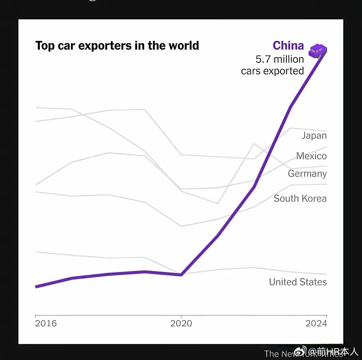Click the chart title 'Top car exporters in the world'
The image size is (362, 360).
117,46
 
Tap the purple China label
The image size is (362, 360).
288,46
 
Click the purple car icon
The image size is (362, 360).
318,51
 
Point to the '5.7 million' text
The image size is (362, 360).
279,59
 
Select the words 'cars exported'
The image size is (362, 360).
272,71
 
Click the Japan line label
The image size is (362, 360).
314,136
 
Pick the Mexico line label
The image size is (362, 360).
311,156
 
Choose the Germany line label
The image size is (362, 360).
307,174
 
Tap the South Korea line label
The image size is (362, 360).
300,198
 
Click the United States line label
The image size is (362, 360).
298,282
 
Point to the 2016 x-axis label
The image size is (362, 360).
46,323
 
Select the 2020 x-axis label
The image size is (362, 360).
181,323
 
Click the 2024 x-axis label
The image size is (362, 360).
316,323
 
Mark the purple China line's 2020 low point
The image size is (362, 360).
181,275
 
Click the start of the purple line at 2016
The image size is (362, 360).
36,287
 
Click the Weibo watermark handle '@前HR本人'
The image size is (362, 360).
333,351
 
